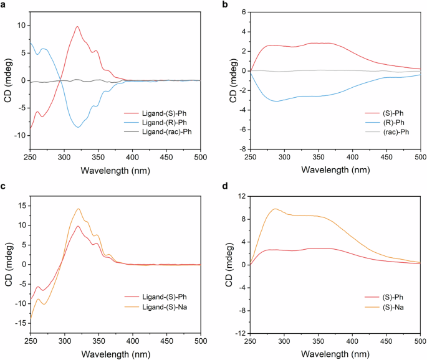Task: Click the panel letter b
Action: pos(223,5)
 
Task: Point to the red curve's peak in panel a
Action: pos(77,27)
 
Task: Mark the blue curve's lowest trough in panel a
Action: pos(78,127)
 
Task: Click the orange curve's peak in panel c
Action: pos(78,209)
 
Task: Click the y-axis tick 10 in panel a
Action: pos(21,25)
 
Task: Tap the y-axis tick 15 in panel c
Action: pos(21,205)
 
